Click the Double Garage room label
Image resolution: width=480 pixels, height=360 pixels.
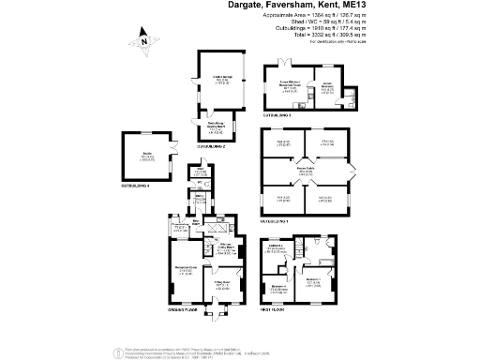coord(221,82)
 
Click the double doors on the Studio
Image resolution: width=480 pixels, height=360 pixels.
coord(173,146)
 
